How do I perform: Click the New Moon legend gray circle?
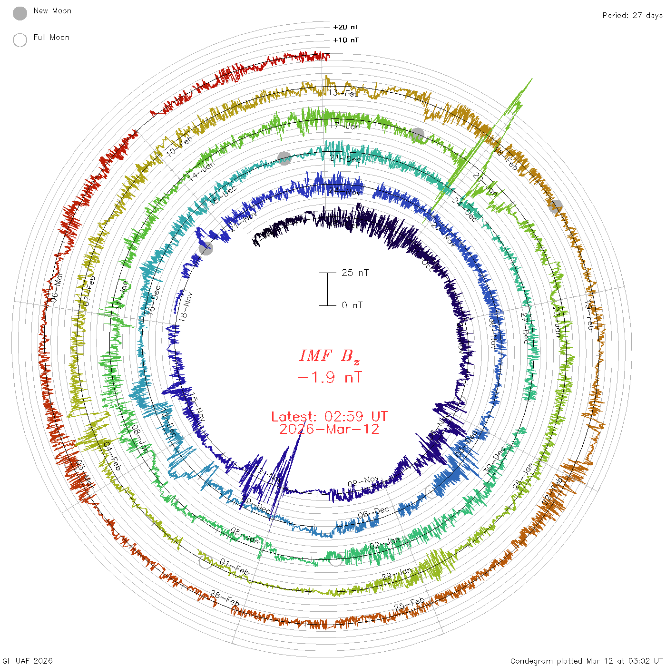(x=20, y=14)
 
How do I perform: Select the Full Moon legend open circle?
(x=20, y=40)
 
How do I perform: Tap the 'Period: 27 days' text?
(x=632, y=15)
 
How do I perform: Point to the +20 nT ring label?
(x=346, y=27)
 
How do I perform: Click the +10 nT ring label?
(x=346, y=40)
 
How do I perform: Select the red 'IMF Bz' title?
(x=329, y=356)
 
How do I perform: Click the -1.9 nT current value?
(x=329, y=378)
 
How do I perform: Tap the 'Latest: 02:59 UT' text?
(x=329, y=417)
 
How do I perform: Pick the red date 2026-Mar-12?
(x=329, y=429)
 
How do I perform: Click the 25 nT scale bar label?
(x=355, y=273)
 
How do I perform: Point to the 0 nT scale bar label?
(x=352, y=305)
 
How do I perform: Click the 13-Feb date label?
(x=343, y=93)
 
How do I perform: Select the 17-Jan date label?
(x=345, y=126)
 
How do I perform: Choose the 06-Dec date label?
(x=373, y=512)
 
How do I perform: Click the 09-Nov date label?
(x=363, y=481)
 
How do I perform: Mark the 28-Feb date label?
(x=225, y=598)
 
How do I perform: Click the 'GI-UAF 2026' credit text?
(x=28, y=661)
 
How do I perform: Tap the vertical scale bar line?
(x=327, y=289)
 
